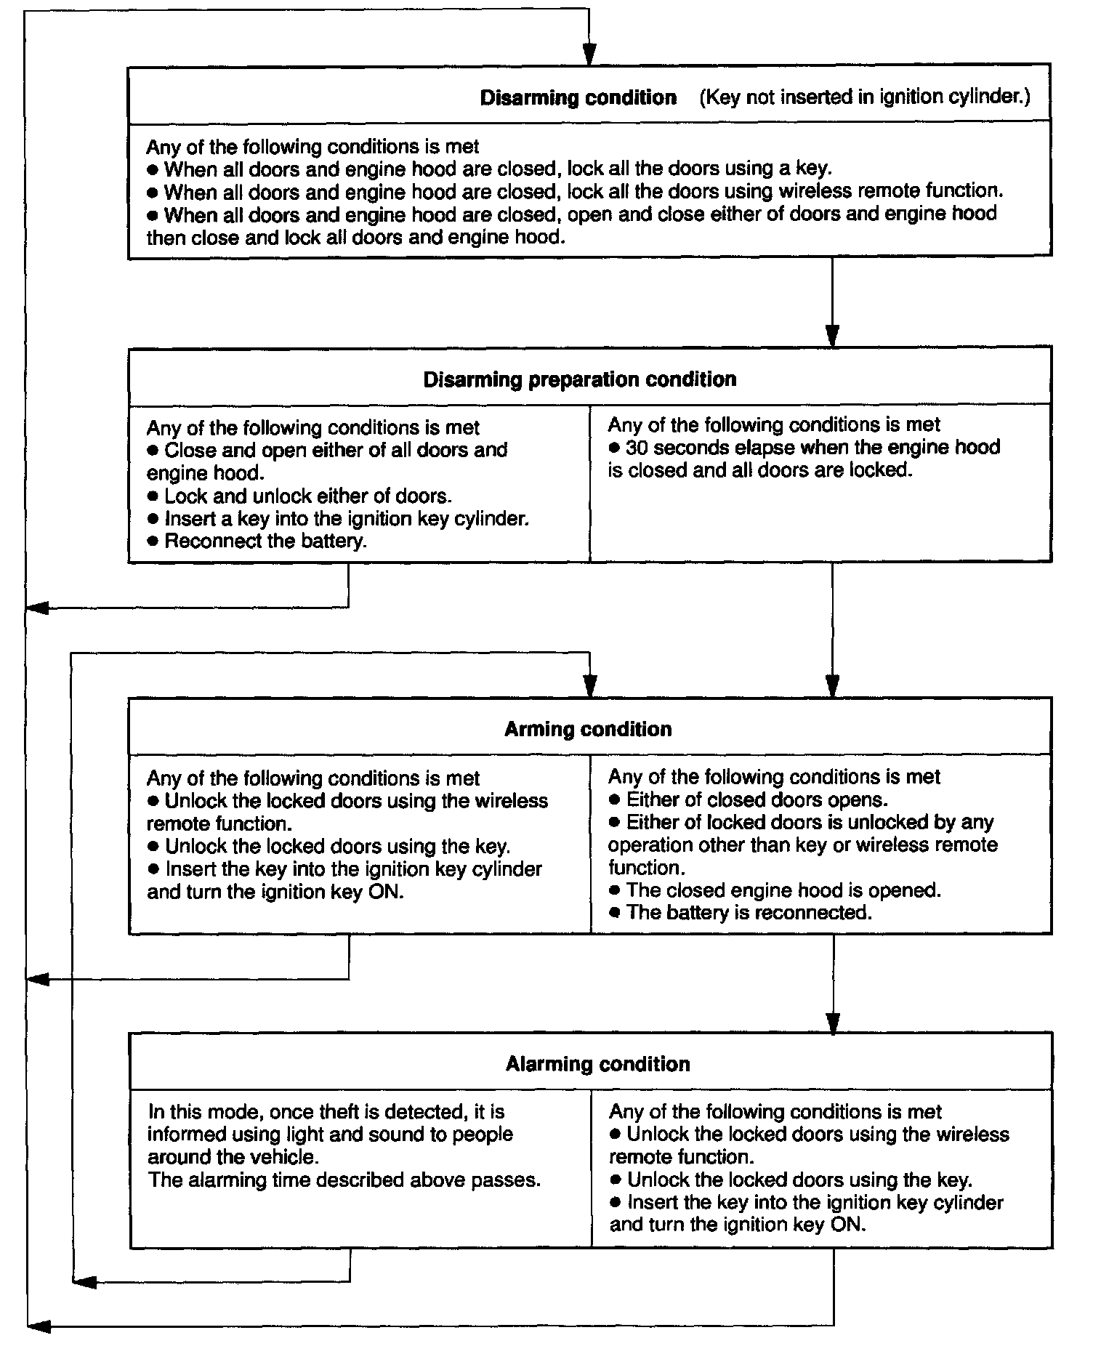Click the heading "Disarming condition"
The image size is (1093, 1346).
pos(578,97)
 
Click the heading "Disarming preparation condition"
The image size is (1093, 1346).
pos(579,379)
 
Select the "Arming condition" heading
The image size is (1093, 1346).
pos(588,729)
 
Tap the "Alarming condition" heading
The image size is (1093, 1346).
pos(597,1064)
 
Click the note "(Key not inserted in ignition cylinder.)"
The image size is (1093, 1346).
pos(864,97)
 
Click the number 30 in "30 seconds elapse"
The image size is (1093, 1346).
pos(636,448)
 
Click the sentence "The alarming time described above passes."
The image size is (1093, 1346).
pos(344,1180)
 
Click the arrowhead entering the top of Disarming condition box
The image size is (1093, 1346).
pos(589,55)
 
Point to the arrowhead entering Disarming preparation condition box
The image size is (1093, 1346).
pos(833,336)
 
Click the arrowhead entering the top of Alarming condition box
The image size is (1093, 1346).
pos(834,1021)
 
